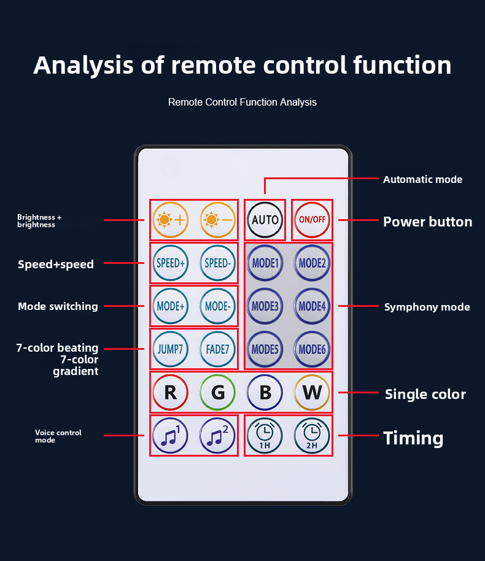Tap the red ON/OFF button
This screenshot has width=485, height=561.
(312, 219)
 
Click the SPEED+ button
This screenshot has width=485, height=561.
(170, 263)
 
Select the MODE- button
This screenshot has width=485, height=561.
(217, 306)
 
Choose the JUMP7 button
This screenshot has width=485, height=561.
(170, 349)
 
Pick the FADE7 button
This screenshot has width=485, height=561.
(217, 349)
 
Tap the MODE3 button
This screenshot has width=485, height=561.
(265, 306)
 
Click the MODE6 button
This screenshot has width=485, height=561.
(312, 349)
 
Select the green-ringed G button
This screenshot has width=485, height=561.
(217, 392)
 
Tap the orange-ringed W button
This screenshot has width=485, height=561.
(312, 392)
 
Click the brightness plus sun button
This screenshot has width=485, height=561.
(170, 219)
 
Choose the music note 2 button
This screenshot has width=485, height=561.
(217, 436)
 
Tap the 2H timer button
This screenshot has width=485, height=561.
(312, 436)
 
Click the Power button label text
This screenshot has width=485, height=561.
(427, 222)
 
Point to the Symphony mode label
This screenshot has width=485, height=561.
(427, 307)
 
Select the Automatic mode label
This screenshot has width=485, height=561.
(422, 179)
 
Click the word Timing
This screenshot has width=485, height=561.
(413, 438)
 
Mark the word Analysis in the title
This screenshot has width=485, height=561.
(83, 65)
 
